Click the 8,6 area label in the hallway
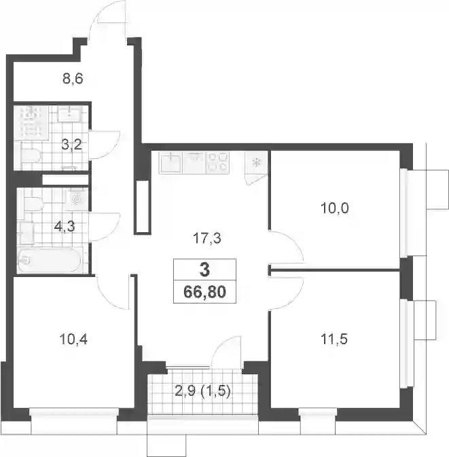[73, 79]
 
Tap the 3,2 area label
[72, 145]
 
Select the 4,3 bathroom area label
[65, 226]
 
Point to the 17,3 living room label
[207, 239]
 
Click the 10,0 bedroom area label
[334, 208]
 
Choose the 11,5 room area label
[334, 340]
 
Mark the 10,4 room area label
[73, 340]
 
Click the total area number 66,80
[204, 292]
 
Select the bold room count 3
[205, 270]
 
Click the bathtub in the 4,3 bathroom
[50, 260]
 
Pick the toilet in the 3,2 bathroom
[30, 156]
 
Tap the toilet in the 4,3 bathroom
[33, 204]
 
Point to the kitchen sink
[170, 163]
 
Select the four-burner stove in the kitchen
[217, 162]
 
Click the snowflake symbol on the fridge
[257, 162]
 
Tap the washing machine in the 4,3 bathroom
[77, 199]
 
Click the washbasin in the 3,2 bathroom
[70, 113]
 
